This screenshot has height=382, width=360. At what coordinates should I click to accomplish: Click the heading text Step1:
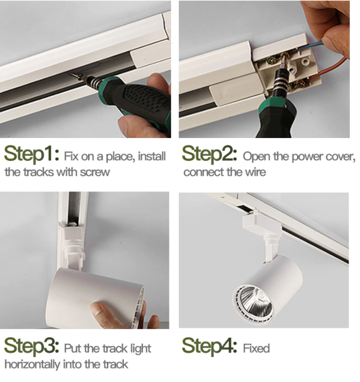click(x=32, y=154)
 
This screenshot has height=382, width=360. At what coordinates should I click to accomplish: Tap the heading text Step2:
click(x=209, y=154)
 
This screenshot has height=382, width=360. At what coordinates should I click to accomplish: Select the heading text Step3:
click(x=32, y=346)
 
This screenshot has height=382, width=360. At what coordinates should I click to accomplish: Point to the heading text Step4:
click(x=209, y=346)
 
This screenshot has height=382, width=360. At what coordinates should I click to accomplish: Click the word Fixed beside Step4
click(x=256, y=348)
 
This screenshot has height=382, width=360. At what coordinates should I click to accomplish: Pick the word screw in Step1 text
click(x=95, y=173)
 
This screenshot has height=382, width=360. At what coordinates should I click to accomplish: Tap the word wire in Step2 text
click(x=256, y=172)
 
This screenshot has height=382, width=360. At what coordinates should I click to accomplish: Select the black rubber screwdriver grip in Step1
click(x=144, y=102)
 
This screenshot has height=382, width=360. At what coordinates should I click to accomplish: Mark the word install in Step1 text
click(x=152, y=156)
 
